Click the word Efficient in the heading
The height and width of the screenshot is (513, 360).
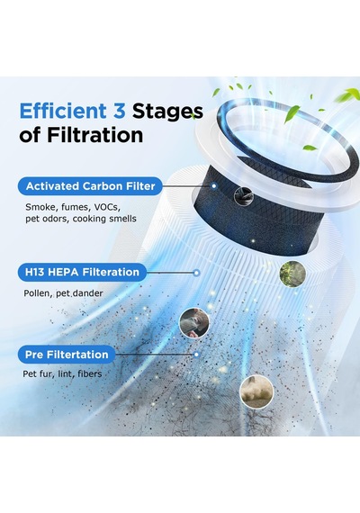tap(63, 111)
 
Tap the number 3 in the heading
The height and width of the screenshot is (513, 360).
tap(120, 111)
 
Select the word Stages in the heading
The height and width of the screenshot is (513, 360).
tap(167, 112)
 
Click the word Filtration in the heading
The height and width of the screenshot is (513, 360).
tap(95, 135)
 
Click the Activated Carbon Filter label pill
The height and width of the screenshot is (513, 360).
tap(90, 186)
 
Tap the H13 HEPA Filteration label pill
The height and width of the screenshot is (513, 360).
tap(82, 272)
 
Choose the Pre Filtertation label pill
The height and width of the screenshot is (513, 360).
tap(67, 355)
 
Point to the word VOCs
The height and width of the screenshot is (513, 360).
tap(107, 207)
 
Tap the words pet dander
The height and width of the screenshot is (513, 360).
tap(79, 293)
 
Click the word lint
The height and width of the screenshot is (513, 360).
tap(65, 373)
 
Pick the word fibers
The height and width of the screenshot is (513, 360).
tap(90, 373)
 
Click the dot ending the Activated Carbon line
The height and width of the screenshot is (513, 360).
tap(214, 185)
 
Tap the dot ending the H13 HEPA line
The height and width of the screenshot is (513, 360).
tap(196, 273)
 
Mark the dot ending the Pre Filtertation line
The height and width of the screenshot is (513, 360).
tap(196, 355)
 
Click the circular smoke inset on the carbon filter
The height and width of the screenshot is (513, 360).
tap(244, 196)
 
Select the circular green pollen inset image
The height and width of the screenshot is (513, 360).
tap(292, 274)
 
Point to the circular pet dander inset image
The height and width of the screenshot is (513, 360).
tap(194, 323)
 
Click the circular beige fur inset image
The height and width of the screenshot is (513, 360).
tap(256, 391)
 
